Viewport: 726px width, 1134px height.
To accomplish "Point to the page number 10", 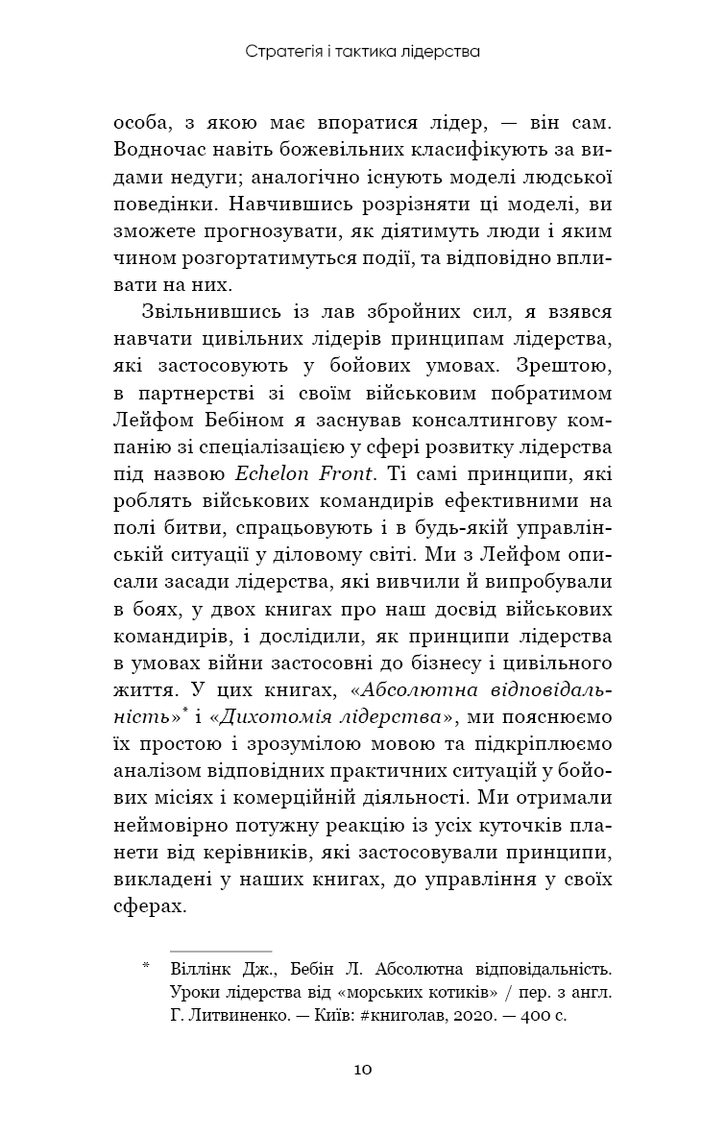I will click(363, 1070).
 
